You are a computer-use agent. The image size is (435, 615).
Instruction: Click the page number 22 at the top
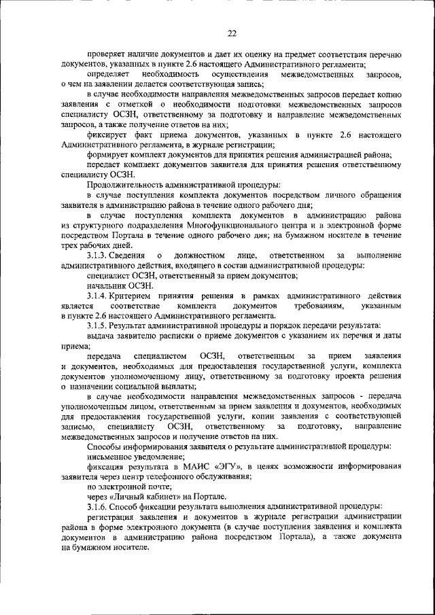coord(232,33)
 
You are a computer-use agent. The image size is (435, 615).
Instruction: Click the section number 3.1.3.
coord(99,255)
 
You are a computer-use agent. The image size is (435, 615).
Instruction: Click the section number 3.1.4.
coord(99,297)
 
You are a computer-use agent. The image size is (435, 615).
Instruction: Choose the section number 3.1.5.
coord(99,326)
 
